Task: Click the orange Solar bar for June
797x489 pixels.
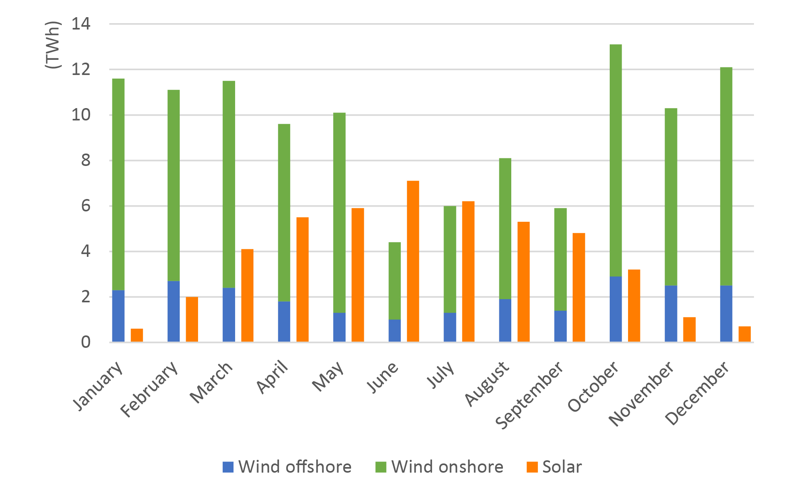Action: (x=413, y=261)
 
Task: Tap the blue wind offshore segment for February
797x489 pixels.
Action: (x=174, y=312)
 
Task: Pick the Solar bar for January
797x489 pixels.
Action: (x=137, y=335)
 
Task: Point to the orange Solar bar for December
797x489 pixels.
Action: (x=744, y=334)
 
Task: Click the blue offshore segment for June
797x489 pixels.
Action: (x=395, y=331)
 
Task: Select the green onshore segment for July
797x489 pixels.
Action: (x=450, y=259)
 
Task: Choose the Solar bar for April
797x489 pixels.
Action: (x=302, y=280)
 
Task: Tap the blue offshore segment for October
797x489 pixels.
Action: (x=616, y=309)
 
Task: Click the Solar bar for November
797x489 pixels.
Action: (x=689, y=329)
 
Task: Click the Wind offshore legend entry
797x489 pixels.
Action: (x=287, y=467)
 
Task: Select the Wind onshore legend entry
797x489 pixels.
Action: (x=440, y=467)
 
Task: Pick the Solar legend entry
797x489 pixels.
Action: (x=554, y=467)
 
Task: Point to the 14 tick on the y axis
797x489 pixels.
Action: (x=81, y=24)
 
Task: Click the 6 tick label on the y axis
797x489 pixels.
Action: (x=86, y=206)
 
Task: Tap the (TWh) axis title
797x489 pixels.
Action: (x=53, y=45)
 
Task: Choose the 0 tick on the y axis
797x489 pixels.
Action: (x=86, y=342)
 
